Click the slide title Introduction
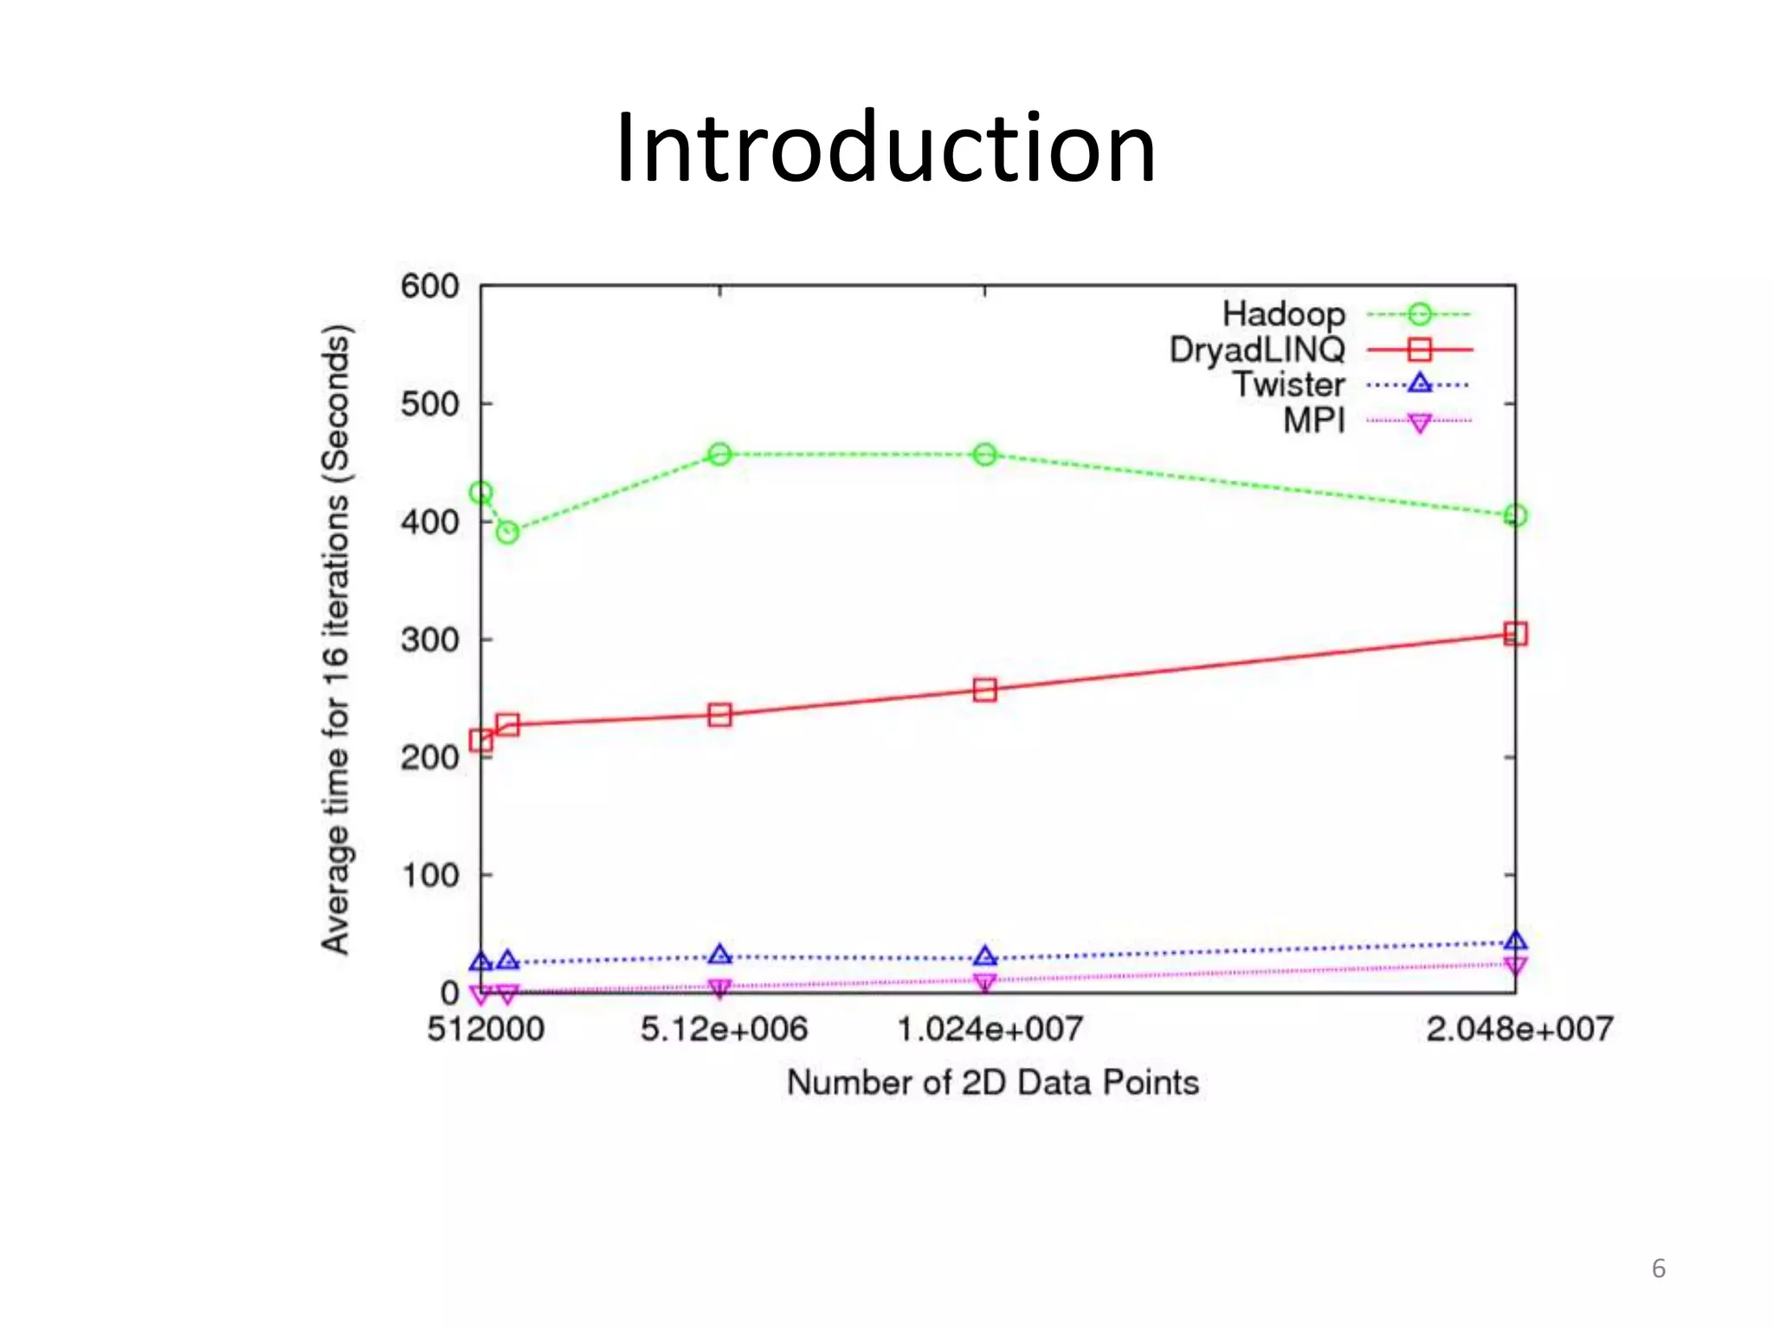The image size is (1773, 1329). coord(886,149)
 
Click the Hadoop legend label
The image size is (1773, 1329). coord(1283,314)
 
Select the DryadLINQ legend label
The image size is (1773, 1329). coord(1257,350)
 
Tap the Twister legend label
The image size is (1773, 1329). coord(1288,385)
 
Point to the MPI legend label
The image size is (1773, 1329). coord(1313,421)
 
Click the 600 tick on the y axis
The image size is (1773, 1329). coord(429,286)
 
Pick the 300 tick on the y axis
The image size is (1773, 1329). coord(429,640)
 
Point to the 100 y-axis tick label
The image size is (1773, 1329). coord(429,876)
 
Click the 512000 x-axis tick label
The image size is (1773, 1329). coord(486,1030)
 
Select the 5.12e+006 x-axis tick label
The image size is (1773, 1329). coord(724,1030)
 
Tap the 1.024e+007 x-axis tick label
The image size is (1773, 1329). coord(990,1030)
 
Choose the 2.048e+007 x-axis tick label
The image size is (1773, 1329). coord(1519,1030)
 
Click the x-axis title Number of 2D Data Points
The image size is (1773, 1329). coord(993,1083)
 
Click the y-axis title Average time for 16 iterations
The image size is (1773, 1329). coord(336,639)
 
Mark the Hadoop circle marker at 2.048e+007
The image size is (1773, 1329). coord(1515,516)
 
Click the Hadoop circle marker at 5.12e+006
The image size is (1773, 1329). coord(720,454)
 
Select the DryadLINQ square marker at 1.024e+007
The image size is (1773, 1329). coord(985,690)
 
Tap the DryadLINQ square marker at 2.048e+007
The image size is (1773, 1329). coord(1515,634)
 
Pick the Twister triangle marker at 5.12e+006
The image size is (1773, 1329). coord(720,955)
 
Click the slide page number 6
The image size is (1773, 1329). coord(1659,1268)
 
